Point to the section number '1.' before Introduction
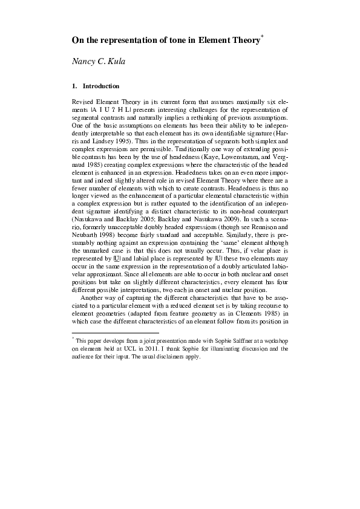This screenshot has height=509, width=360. tap(74, 86)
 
